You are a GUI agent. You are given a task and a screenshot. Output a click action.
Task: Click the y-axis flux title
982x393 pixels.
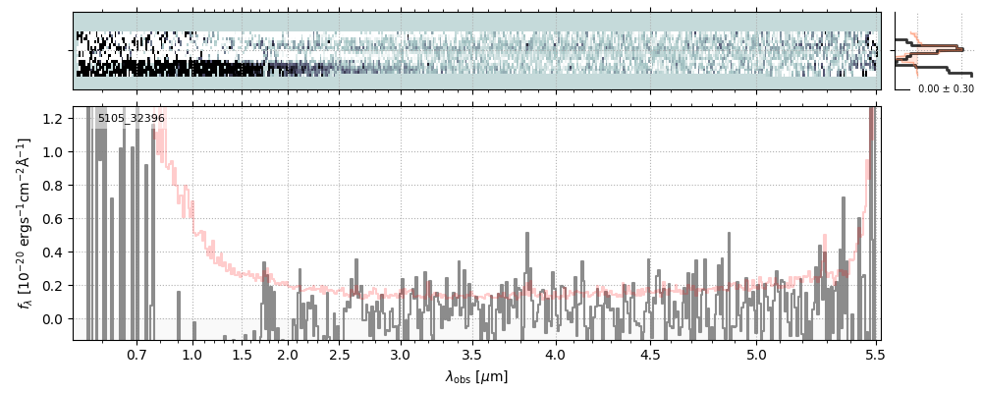25,223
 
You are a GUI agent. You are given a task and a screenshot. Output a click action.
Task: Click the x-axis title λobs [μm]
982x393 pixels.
476,376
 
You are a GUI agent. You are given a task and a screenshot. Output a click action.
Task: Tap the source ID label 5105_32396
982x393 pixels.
131,119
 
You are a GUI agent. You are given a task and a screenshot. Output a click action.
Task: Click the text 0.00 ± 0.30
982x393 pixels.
946,88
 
